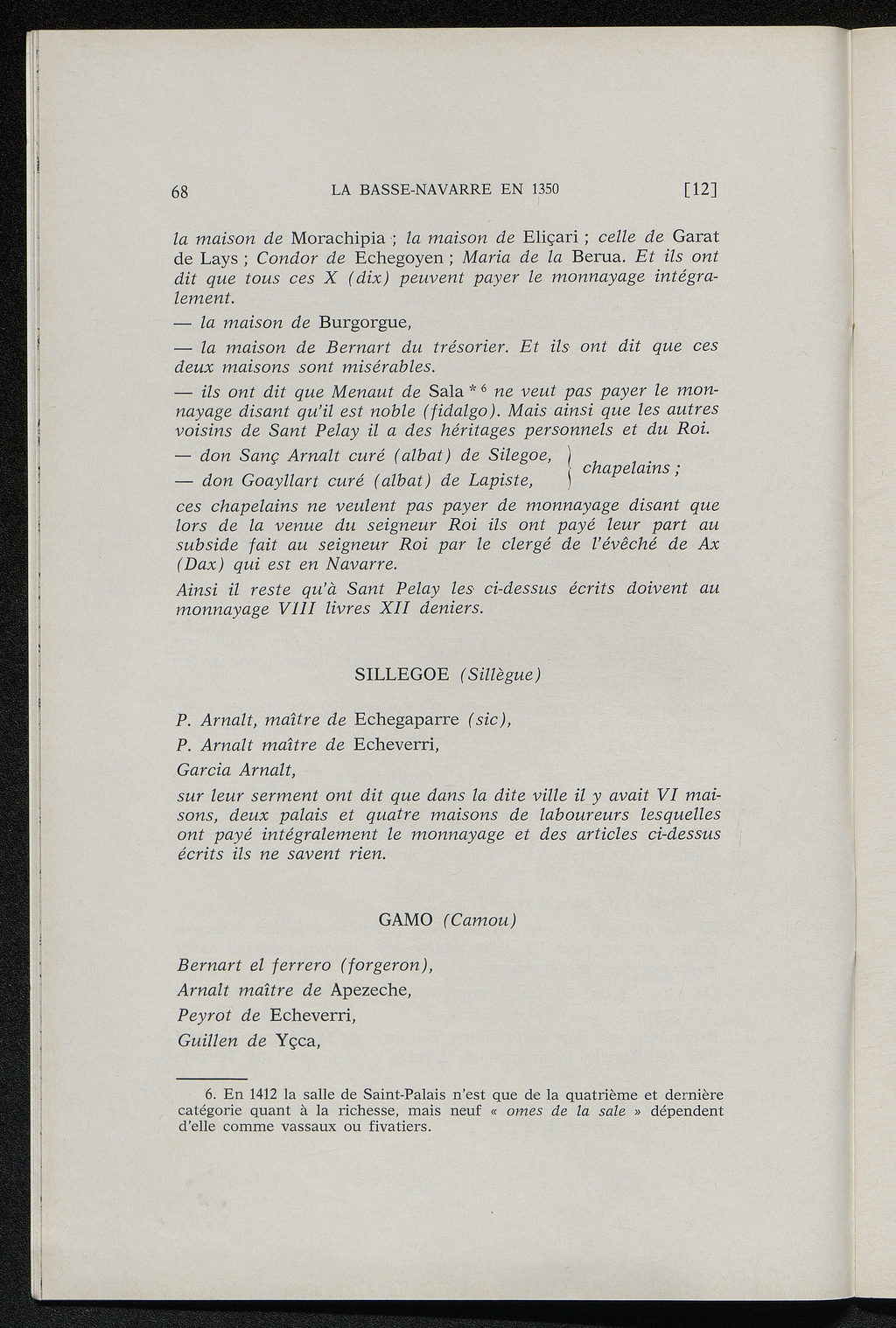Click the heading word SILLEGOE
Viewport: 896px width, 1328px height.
pos(402,674)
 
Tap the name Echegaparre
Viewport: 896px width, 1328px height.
pos(406,720)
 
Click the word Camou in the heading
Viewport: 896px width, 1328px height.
pos(479,920)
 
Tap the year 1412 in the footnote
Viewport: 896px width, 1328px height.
pos(263,1094)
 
